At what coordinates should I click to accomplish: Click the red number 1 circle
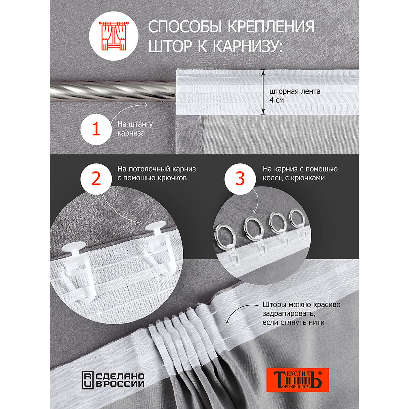(96, 129)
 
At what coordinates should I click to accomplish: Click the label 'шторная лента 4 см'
(295, 96)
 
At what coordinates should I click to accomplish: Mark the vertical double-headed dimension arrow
(263, 92)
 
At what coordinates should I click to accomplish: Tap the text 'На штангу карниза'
(135, 129)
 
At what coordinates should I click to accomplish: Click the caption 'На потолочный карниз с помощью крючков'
(157, 173)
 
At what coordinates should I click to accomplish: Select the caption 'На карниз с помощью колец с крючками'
(300, 173)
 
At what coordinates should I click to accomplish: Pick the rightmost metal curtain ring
(297, 219)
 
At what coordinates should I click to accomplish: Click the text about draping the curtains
(301, 313)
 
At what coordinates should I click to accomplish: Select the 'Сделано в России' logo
(113, 380)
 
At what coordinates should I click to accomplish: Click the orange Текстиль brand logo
(297, 380)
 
